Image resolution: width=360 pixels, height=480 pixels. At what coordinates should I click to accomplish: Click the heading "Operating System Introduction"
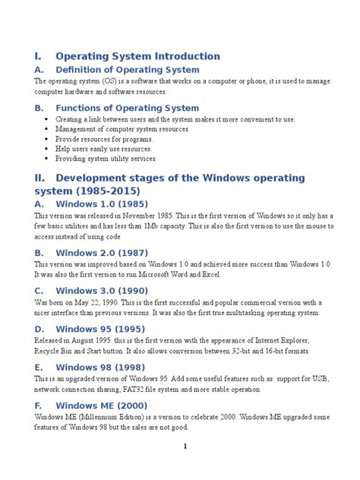pyautogui.click(x=137, y=56)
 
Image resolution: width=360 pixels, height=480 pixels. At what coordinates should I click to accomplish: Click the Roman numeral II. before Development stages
pyautogui.click(x=40, y=178)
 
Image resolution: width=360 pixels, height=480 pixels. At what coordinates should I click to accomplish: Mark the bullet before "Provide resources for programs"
pyautogui.click(x=48, y=140)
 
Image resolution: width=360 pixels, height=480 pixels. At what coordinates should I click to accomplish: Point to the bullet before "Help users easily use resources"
pyautogui.click(x=48, y=150)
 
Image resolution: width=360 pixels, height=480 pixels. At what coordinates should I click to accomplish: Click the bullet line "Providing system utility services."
pyautogui.click(x=106, y=159)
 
